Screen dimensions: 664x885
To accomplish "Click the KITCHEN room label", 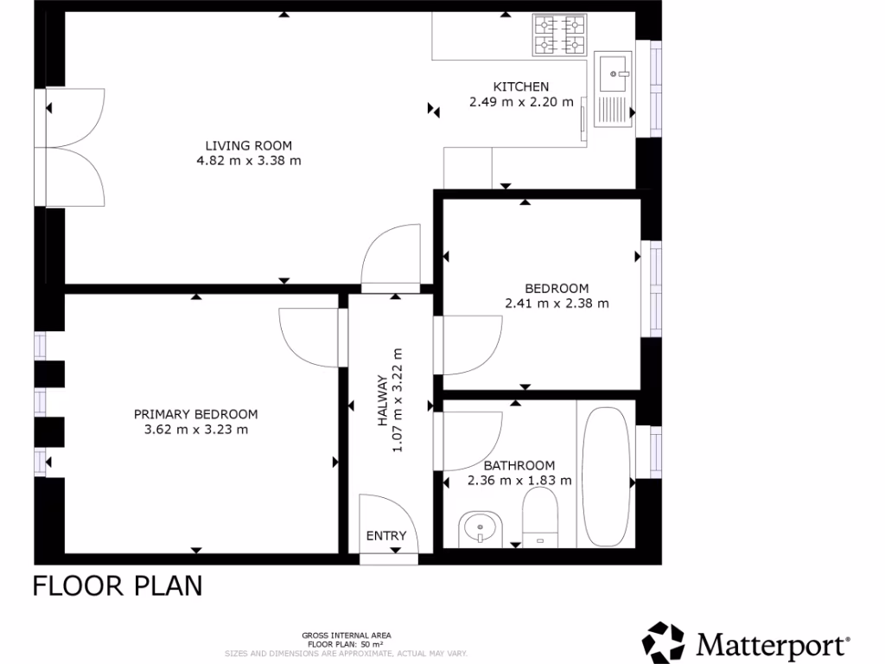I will tap(520, 86).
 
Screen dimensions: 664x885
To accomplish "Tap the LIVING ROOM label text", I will tap(248, 145).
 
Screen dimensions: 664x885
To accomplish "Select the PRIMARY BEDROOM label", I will tap(195, 414).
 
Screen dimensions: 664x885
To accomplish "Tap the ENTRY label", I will tap(385, 536).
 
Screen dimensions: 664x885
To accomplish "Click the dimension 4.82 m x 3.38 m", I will tap(249, 161).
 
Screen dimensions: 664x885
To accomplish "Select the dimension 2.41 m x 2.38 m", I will tap(557, 303).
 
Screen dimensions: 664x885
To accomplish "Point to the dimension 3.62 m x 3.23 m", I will tap(195, 430).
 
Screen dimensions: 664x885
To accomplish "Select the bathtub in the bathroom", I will tap(607, 476).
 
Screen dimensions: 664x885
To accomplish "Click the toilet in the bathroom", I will tap(541, 516).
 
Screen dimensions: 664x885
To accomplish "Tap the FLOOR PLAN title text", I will tap(118, 585).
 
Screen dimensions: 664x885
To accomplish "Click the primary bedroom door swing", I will tap(307, 338).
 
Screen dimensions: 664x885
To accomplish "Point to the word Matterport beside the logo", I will tap(773, 645).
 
